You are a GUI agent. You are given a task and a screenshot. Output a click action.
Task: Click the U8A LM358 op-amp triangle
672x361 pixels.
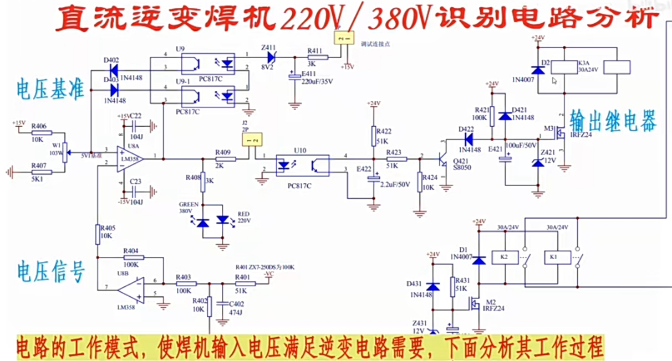tap(129, 159)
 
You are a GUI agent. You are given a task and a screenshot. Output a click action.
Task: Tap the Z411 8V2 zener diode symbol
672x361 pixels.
tap(271, 56)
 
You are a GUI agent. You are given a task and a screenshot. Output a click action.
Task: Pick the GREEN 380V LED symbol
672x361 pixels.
tap(203, 221)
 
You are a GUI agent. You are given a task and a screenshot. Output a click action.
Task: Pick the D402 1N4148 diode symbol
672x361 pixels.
tap(113, 70)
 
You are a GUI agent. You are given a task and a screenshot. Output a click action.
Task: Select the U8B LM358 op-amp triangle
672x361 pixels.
tap(133, 290)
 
